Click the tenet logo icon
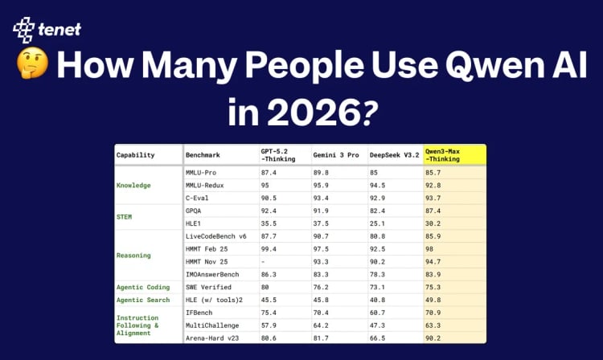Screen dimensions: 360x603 click(x=24, y=30)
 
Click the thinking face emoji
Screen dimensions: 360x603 click(x=29, y=67)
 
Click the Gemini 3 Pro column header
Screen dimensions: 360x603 click(x=336, y=154)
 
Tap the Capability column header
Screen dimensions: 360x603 click(x=137, y=154)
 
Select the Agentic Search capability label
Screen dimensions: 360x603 click(x=142, y=299)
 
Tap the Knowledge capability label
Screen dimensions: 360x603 click(x=133, y=185)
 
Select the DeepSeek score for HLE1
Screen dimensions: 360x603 click(x=378, y=223)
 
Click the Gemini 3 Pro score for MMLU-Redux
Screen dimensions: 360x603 click(x=324, y=185)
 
